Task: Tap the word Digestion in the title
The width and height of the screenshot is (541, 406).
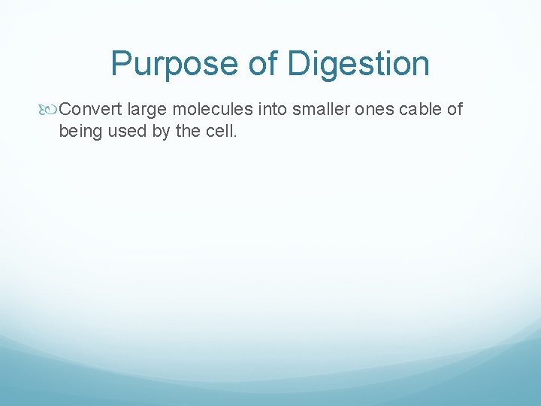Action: pyautogui.click(x=359, y=64)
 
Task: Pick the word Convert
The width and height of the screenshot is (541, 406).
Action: pyautogui.click(x=90, y=110)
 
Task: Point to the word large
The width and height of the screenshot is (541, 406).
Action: pyautogui.click(x=147, y=110)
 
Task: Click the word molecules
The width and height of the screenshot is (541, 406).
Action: pyautogui.click(x=213, y=110)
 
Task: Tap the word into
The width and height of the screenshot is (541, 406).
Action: pyautogui.click(x=273, y=110)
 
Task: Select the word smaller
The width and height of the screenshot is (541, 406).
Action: pyautogui.click(x=322, y=110)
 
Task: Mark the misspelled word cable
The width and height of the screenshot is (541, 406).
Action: pyautogui.click(x=421, y=110)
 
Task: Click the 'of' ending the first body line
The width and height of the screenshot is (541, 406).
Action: pyautogui.click(x=455, y=110)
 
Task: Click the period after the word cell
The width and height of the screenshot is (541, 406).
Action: pyautogui.click(x=236, y=138)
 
